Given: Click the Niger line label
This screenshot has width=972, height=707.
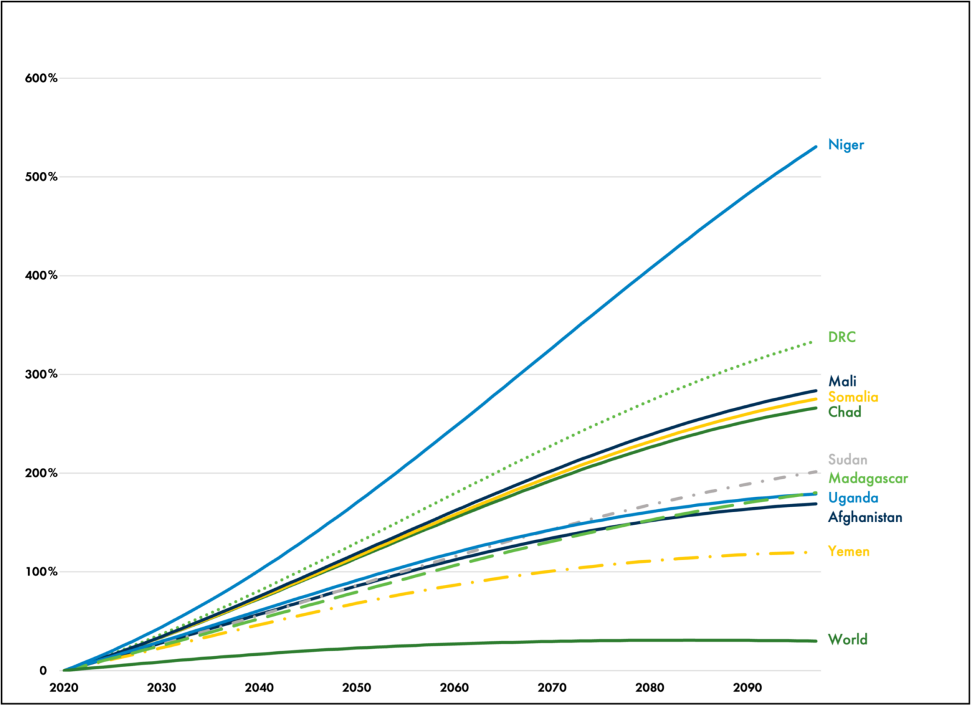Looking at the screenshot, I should (x=845, y=145).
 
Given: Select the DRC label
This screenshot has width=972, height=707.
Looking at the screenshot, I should (x=842, y=337).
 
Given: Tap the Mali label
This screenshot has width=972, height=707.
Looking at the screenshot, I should (x=842, y=381).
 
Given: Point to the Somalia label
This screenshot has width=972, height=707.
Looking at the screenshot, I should (x=853, y=397).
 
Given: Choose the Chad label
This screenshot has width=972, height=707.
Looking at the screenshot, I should (x=845, y=412).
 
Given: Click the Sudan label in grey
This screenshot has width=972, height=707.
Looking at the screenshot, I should (x=847, y=460).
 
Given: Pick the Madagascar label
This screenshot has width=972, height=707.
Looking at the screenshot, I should (x=868, y=479).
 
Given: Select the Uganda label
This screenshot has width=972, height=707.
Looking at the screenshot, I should (x=852, y=498).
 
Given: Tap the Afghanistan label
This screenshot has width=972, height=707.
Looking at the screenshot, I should (x=865, y=517).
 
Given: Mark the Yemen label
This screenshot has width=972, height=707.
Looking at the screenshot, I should (x=849, y=551).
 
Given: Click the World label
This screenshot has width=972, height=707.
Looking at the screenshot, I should (x=847, y=639).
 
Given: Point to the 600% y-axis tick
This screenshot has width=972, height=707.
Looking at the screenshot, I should (x=41, y=78).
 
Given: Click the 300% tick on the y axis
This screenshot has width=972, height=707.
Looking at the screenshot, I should (x=41, y=374).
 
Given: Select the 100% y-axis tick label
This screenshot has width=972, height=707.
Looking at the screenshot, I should (x=41, y=572).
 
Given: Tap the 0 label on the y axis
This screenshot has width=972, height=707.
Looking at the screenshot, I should (x=43, y=671).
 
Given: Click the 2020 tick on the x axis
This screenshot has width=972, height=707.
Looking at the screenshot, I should (x=64, y=688).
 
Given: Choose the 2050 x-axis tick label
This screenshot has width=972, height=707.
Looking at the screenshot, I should (x=357, y=688).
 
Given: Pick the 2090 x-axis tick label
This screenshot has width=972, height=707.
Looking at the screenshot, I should (x=747, y=688).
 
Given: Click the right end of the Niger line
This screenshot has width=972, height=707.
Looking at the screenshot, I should (x=815, y=147).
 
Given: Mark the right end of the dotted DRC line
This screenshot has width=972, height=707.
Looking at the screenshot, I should (x=813, y=342).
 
